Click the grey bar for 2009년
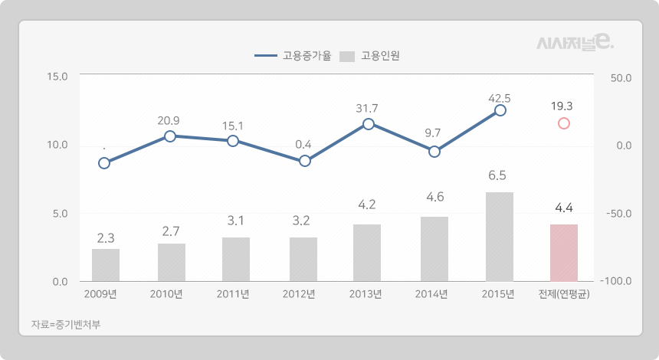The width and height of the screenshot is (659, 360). click(x=106, y=265)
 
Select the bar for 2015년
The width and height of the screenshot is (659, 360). click(x=500, y=237)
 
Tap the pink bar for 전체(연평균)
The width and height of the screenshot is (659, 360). click(x=564, y=253)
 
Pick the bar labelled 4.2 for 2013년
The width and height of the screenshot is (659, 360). click(x=367, y=253)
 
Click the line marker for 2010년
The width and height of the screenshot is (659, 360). click(x=170, y=136)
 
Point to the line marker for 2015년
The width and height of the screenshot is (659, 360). click(x=500, y=110)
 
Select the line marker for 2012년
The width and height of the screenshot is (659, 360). click(x=305, y=161)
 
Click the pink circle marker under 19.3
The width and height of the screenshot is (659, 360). click(x=564, y=123)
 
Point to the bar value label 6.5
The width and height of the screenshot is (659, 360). click(x=497, y=175)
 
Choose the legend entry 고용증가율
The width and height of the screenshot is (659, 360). click(x=293, y=56)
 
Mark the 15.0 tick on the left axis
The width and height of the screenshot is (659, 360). click(x=57, y=77)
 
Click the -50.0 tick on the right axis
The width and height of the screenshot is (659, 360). click(x=616, y=214)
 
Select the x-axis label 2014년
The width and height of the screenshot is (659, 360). click(x=431, y=294)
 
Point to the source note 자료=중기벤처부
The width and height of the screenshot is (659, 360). click(x=66, y=324)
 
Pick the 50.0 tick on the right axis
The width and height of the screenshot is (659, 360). click(x=619, y=77)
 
